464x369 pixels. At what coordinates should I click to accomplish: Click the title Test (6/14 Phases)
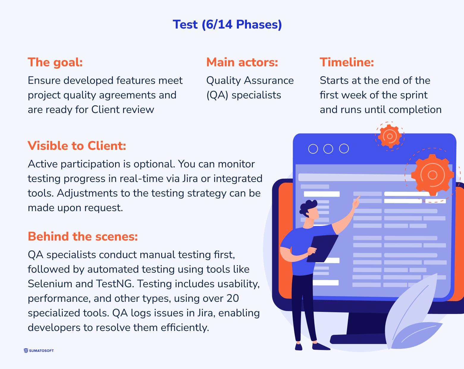tap(227, 24)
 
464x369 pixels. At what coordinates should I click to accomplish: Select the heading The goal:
tap(55, 62)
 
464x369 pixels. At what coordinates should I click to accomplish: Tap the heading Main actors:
tap(242, 62)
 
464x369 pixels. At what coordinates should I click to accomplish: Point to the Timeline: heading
tap(347, 62)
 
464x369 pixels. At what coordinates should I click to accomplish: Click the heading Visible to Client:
tap(77, 146)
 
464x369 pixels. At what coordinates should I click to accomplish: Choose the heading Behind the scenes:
tap(83, 236)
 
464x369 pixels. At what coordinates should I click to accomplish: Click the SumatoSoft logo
tap(39, 351)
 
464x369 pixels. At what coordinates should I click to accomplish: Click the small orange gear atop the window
tap(390, 136)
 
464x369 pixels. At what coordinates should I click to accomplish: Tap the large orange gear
tap(432, 175)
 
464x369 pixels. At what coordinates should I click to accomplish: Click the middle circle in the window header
tap(328, 149)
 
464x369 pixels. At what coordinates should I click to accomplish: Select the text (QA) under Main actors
tap(217, 95)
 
